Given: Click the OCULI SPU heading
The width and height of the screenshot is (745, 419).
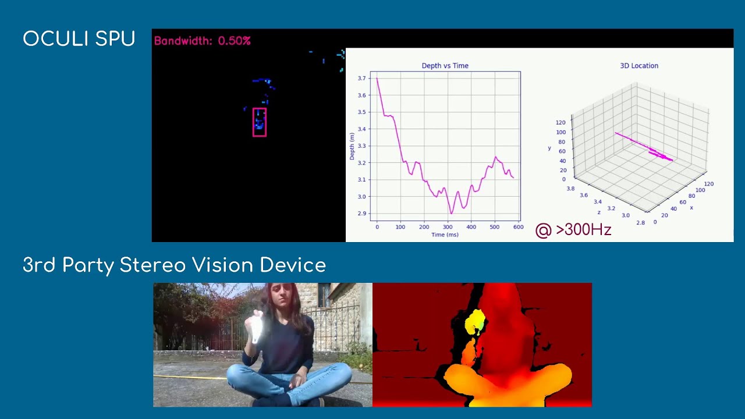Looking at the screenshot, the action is click(x=79, y=38).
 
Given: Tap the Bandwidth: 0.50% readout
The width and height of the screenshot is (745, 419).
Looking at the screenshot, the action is click(x=202, y=41).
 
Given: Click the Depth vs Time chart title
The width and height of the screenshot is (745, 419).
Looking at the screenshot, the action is click(x=445, y=66).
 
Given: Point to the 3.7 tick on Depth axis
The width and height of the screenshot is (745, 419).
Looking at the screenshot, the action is click(x=361, y=78).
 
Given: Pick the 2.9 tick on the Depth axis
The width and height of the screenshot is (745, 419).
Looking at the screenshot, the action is click(x=361, y=213).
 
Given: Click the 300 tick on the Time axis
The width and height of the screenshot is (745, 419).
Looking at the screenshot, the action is click(x=448, y=227).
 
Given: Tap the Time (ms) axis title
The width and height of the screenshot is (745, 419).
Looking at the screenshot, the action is click(x=445, y=235).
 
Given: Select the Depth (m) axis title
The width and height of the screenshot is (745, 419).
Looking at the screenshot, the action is click(x=352, y=146).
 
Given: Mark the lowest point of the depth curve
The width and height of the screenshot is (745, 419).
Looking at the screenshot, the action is click(x=451, y=214).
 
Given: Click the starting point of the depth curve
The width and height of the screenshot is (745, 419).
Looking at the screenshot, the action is click(x=377, y=78).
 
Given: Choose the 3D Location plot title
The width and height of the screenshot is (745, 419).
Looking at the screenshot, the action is click(x=639, y=66).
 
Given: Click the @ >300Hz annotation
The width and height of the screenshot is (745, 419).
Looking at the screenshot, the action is click(x=573, y=230).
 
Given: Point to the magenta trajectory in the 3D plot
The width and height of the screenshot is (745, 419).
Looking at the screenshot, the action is click(x=644, y=146).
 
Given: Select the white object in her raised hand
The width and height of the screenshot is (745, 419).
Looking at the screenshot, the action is click(x=257, y=328).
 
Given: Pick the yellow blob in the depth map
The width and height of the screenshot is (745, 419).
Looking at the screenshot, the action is click(x=474, y=322).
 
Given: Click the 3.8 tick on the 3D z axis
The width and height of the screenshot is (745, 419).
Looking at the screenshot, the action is click(x=571, y=189).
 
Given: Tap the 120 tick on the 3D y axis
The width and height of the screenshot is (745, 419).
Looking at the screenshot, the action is click(x=560, y=122).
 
